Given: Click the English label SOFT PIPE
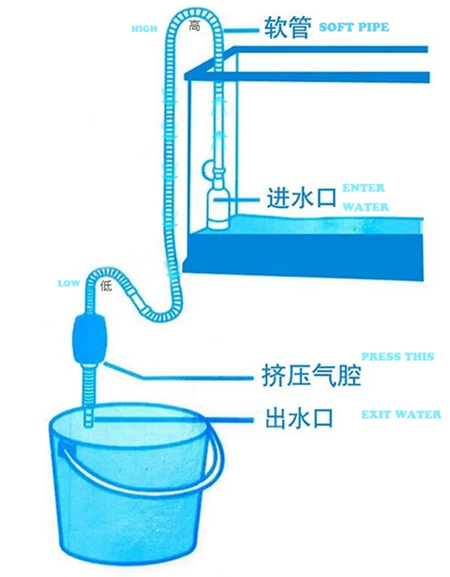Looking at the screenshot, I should coord(353,27).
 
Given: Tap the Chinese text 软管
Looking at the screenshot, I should coord(287,28).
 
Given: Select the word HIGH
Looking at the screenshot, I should coord(144,29).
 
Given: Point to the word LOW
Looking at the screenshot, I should coord(69,283).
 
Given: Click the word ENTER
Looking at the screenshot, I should coord(364,188).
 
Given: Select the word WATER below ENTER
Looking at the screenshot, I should coord(365,207).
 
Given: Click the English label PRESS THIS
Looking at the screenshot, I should coord(397,357).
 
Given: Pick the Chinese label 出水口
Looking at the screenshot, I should coord(299,417).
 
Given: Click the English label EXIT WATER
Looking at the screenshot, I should coord(400,415).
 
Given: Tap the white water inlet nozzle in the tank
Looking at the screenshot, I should coord(218,207).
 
